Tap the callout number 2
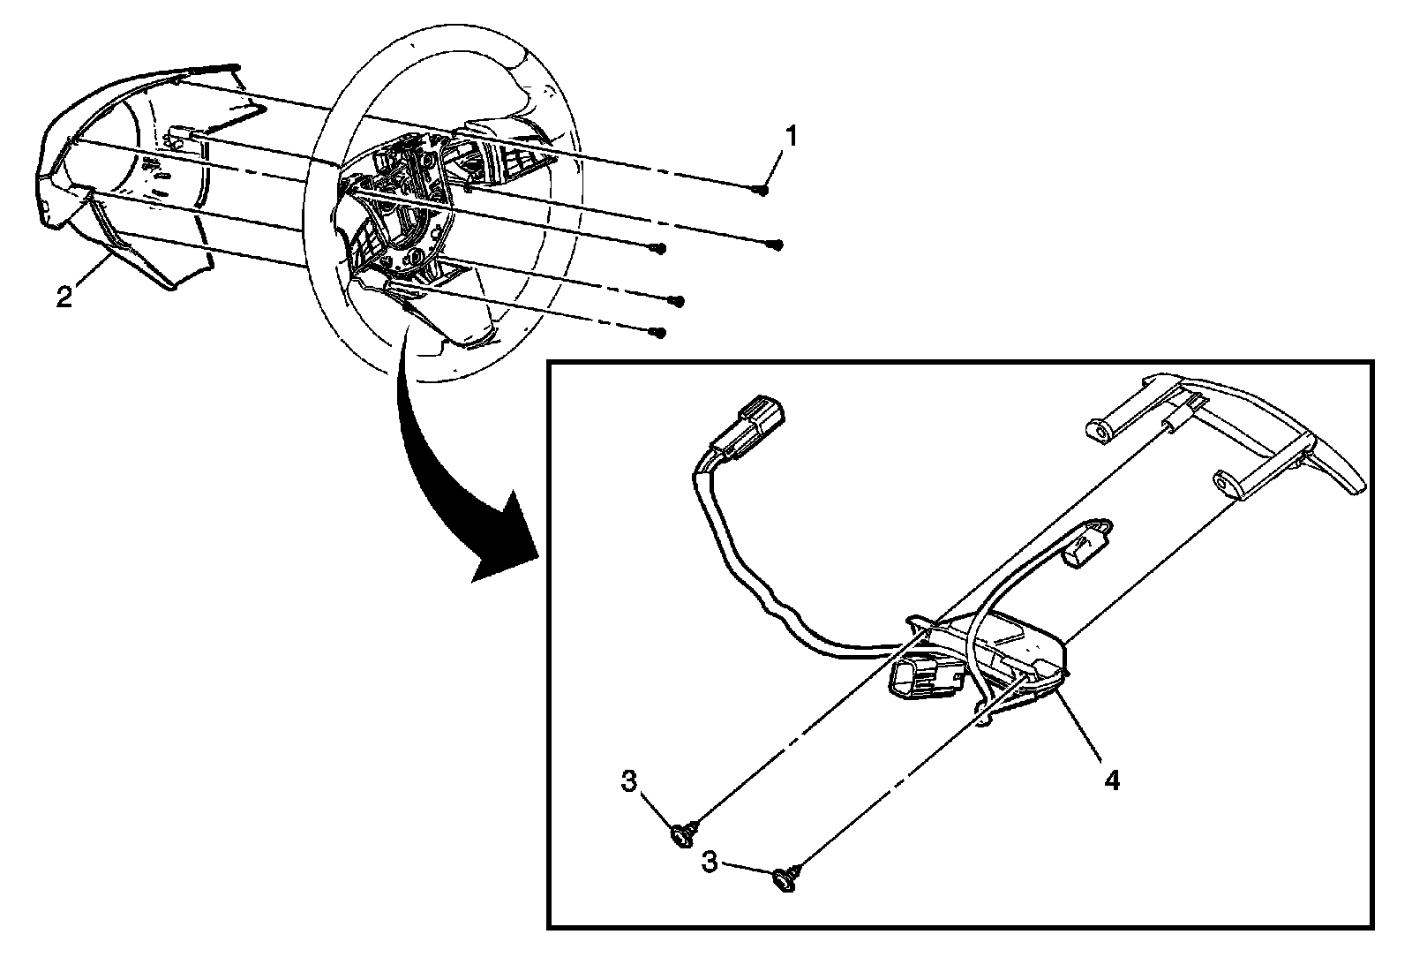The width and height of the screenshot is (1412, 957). click(x=64, y=298)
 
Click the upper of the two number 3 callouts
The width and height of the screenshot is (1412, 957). click(x=629, y=782)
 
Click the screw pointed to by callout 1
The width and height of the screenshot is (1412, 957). click(x=762, y=190)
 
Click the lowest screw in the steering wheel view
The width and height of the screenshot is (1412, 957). click(x=656, y=333)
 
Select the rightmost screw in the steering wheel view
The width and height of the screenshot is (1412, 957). click(x=777, y=245)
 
